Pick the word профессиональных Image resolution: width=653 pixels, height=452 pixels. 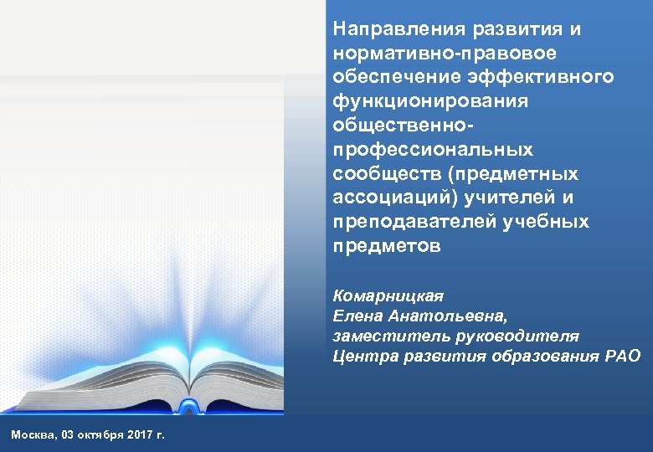pyautogui.click(x=433, y=150)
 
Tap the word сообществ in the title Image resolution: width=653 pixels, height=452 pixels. pyautogui.click(x=379, y=174)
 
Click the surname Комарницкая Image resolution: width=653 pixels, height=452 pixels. pyautogui.click(x=388, y=295)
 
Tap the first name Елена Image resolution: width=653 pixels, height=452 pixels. pyautogui.click(x=355, y=316)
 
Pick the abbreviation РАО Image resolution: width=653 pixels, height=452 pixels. pyautogui.click(x=623, y=356)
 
